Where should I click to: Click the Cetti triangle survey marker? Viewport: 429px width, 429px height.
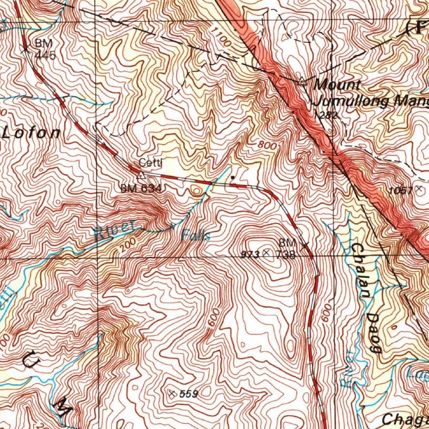point(142,174)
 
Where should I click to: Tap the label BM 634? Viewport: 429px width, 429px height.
point(141,189)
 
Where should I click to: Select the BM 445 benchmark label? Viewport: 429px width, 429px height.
point(44,49)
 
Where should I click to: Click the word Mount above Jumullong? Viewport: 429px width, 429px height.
point(337,85)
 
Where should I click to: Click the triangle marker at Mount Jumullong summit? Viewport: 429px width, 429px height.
point(302,83)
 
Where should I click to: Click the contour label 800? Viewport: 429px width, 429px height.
point(267,145)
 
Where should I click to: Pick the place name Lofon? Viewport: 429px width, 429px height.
point(31,133)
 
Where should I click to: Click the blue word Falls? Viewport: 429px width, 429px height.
point(196,236)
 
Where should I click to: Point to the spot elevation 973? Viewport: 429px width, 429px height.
point(253,253)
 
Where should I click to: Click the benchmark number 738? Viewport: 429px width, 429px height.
point(287,254)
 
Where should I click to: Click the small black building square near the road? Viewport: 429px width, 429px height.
point(233,178)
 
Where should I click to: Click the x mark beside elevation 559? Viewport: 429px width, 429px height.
point(171,393)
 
